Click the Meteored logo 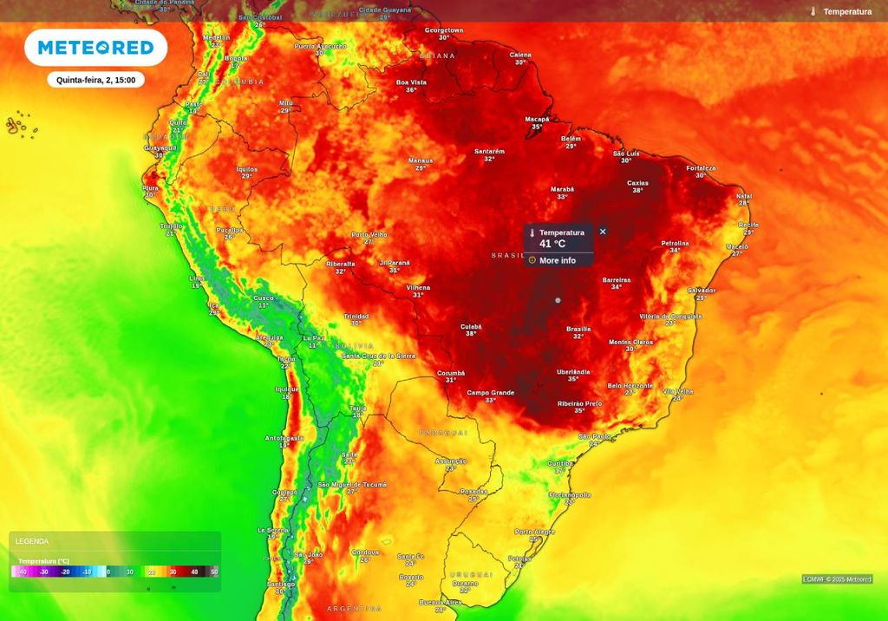(x=95, y=48)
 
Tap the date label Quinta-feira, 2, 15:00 (x=95, y=80)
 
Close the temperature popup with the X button (x=603, y=232)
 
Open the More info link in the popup (x=557, y=260)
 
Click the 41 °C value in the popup (x=552, y=244)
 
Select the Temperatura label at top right (x=846, y=11)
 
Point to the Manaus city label (x=421, y=160)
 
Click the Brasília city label (x=578, y=329)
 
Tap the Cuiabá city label (x=471, y=327)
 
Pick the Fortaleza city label (x=701, y=168)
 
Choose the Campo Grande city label (x=491, y=392)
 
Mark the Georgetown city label (x=444, y=30)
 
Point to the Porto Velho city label (x=369, y=234)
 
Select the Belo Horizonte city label (x=630, y=385)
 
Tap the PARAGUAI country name (x=443, y=432)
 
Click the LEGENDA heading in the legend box (x=32, y=541)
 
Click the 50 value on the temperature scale (x=214, y=572)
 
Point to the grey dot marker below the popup (x=558, y=300)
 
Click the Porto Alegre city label (x=535, y=532)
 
